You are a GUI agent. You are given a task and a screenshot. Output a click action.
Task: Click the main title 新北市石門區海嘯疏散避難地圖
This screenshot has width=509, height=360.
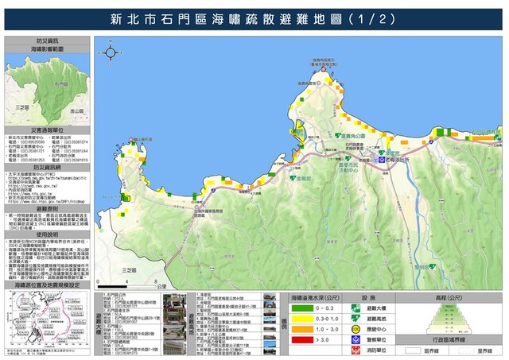pos(254,17)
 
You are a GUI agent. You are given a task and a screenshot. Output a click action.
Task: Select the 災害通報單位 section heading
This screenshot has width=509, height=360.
pos(47,128)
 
